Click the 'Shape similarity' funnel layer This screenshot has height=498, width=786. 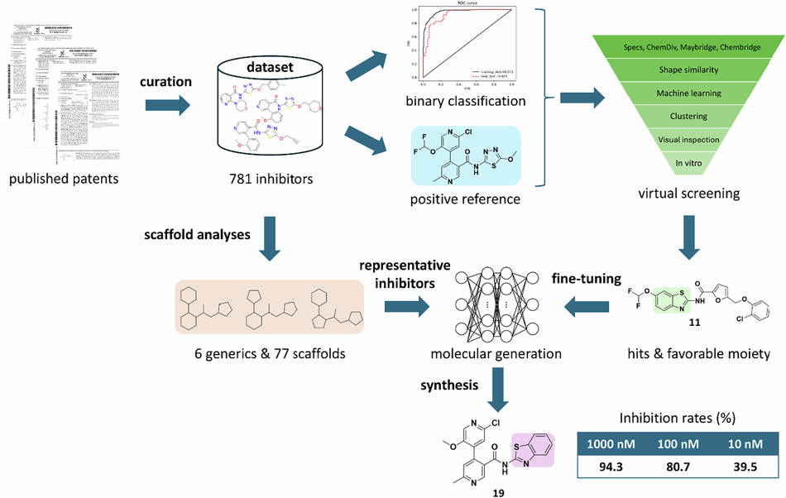tap(688, 69)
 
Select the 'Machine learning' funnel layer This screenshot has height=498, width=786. tap(688, 93)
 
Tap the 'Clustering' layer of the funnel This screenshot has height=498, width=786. tap(688, 117)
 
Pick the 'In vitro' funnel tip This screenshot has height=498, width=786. tap(688, 162)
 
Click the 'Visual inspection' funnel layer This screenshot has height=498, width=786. tap(688, 140)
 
